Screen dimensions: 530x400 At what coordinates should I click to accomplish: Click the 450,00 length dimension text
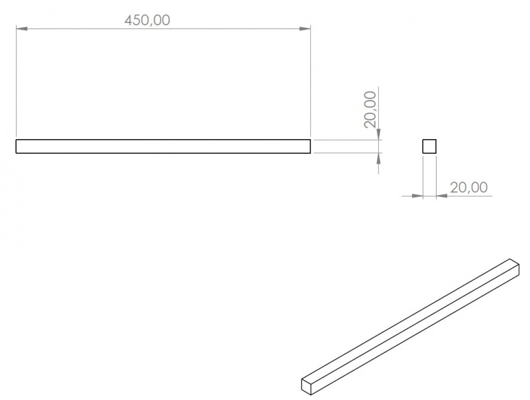147,21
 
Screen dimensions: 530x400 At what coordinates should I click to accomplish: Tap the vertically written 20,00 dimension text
370,109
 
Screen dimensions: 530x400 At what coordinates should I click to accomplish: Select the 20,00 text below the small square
469,187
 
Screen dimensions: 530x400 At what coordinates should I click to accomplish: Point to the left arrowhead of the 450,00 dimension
22,28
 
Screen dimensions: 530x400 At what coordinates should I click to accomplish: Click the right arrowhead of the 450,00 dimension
305,28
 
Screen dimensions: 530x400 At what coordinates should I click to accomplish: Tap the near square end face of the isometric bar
307,386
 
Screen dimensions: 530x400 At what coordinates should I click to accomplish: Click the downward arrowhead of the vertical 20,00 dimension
378,134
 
